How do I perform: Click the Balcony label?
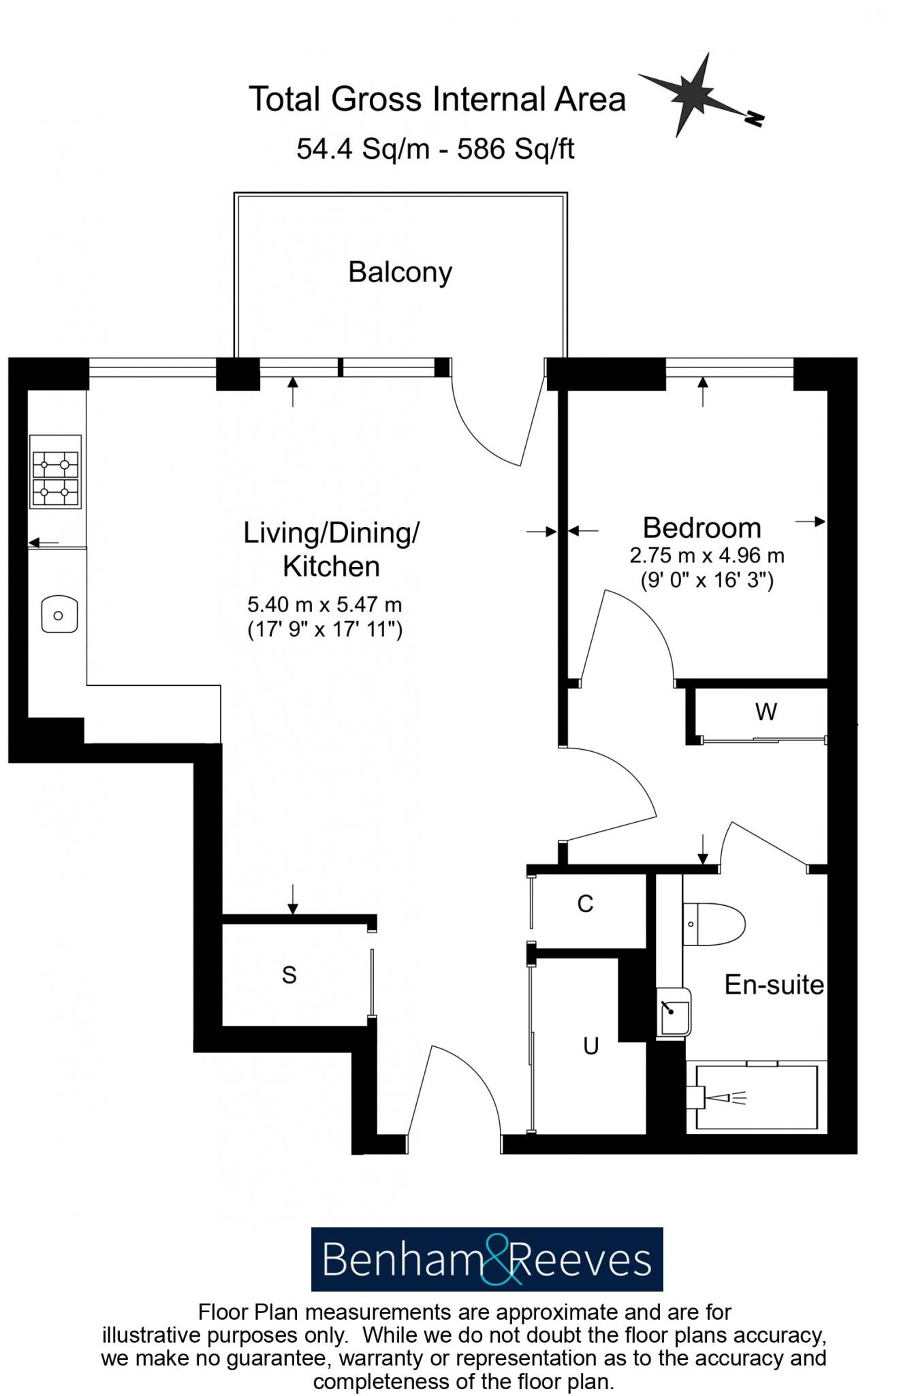[400, 273]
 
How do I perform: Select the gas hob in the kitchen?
[55, 472]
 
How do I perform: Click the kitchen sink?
[59, 614]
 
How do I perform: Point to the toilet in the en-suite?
[715, 924]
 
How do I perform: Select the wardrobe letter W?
[766, 712]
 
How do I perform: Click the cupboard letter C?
[585, 904]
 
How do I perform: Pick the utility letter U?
[590, 1046]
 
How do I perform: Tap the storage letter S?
[289, 975]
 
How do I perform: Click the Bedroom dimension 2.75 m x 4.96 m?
[707, 556]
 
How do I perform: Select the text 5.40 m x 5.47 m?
[324, 605]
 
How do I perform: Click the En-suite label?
[774, 985]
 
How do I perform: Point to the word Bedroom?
[701, 528]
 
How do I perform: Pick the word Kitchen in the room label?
[331, 566]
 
